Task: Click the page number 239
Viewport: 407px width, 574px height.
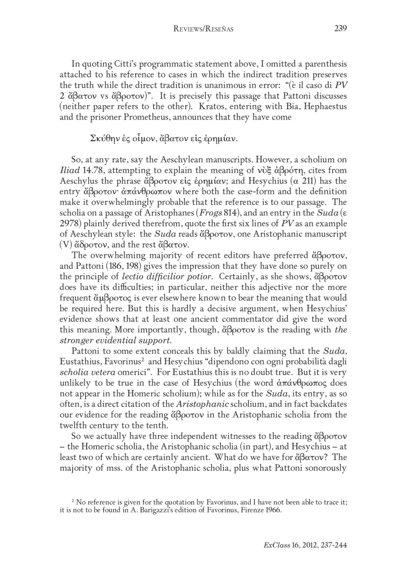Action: click(x=340, y=28)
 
